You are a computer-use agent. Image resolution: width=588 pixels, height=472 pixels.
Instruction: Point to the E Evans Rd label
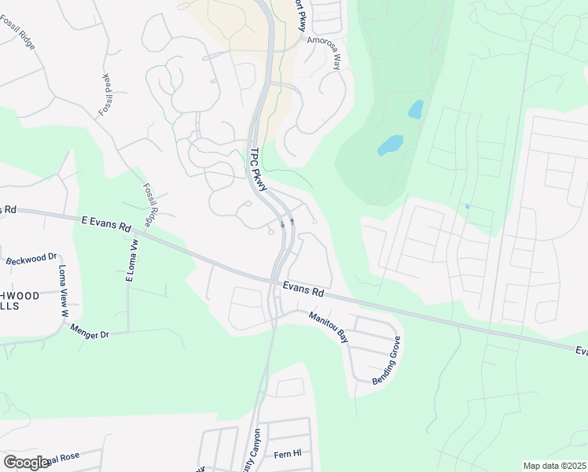[x=105, y=225]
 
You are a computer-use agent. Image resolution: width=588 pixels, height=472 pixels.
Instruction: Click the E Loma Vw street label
[x=131, y=260]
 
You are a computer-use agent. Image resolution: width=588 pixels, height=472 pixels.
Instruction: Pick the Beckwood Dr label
[x=31, y=258]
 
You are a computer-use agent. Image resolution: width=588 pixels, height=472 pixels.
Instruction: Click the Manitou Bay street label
[x=328, y=327]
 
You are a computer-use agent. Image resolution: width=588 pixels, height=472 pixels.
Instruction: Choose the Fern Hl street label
[x=288, y=454]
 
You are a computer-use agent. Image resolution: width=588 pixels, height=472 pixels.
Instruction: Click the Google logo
[x=26, y=462]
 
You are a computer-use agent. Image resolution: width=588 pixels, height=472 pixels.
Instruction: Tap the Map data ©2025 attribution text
[x=553, y=466]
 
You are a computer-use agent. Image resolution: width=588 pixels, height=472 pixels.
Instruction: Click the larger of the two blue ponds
[x=390, y=145]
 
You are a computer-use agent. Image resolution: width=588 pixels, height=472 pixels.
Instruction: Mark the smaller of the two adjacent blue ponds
[x=415, y=109]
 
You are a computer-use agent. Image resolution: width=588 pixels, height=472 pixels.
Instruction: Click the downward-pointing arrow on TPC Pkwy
[x=282, y=224]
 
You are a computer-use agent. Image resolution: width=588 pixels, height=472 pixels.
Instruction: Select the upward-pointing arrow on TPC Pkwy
[x=292, y=221]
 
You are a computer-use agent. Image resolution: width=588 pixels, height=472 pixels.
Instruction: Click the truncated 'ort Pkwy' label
[x=300, y=14]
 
